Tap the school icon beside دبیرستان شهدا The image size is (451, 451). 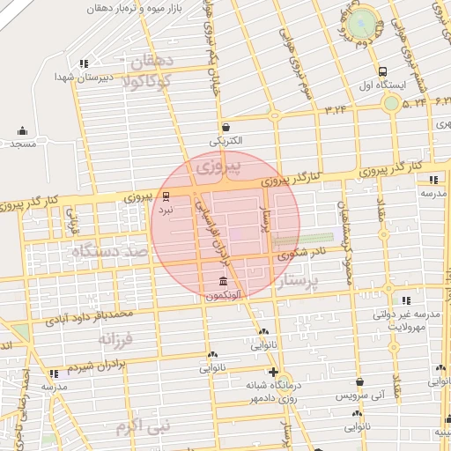coord(84,63)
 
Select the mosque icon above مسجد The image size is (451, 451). coord(22,131)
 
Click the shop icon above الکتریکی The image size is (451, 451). coord(225,127)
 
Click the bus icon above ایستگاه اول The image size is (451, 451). coord(381,71)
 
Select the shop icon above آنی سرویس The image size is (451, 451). coord(359,382)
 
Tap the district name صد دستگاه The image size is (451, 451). coord(111,253)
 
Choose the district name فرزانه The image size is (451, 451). coord(115,338)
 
